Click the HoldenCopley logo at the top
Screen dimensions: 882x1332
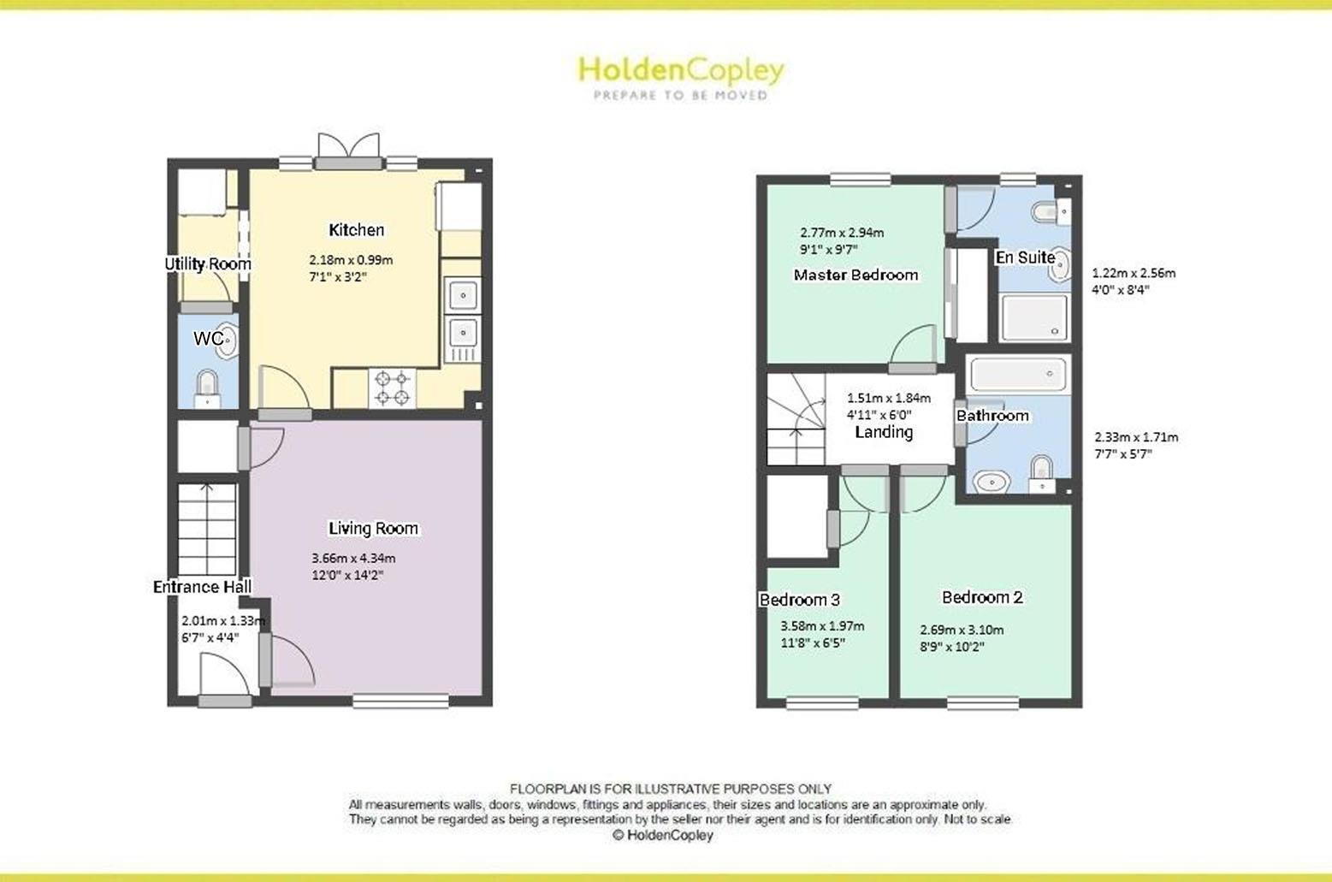click(680, 75)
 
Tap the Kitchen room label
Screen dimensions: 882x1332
click(357, 230)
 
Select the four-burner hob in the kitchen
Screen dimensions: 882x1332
click(392, 387)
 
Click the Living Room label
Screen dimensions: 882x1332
click(374, 529)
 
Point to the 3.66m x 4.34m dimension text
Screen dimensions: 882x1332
click(353, 559)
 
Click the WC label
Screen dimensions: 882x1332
click(207, 339)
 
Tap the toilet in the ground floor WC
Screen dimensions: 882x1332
click(207, 387)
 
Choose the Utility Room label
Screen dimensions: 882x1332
click(208, 264)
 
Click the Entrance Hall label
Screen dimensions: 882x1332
click(202, 587)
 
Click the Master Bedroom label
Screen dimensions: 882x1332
click(855, 275)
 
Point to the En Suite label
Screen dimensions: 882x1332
click(1024, 257)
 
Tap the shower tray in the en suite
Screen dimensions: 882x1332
click(1034, 317)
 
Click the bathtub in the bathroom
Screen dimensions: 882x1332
click(1017, 375)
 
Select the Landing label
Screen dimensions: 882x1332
click(884, 432)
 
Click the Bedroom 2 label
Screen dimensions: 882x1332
click(982, 598)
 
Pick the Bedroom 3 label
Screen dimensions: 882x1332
click(793, 600)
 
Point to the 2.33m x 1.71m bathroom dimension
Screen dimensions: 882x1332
click(1136, 437)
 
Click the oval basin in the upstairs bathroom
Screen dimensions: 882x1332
click(991, 482)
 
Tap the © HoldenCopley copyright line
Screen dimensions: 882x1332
click(662, 836)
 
